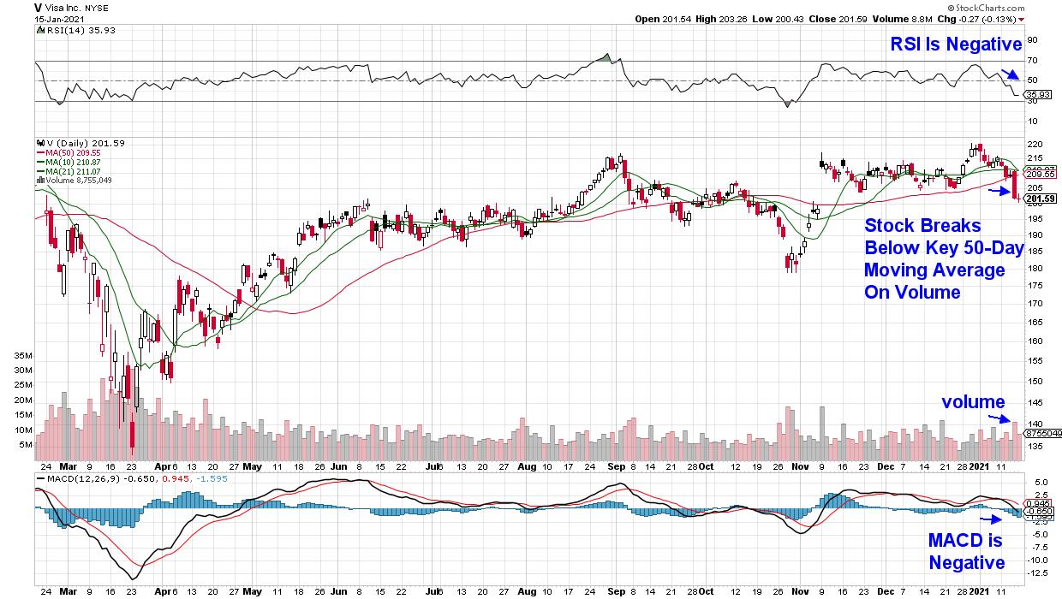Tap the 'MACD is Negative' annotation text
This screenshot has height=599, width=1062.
[966, 552]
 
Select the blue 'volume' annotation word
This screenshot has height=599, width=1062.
[973, 402]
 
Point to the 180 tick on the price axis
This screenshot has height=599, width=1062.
[1034, 268]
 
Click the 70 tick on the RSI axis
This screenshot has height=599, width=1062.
[1032, 61]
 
